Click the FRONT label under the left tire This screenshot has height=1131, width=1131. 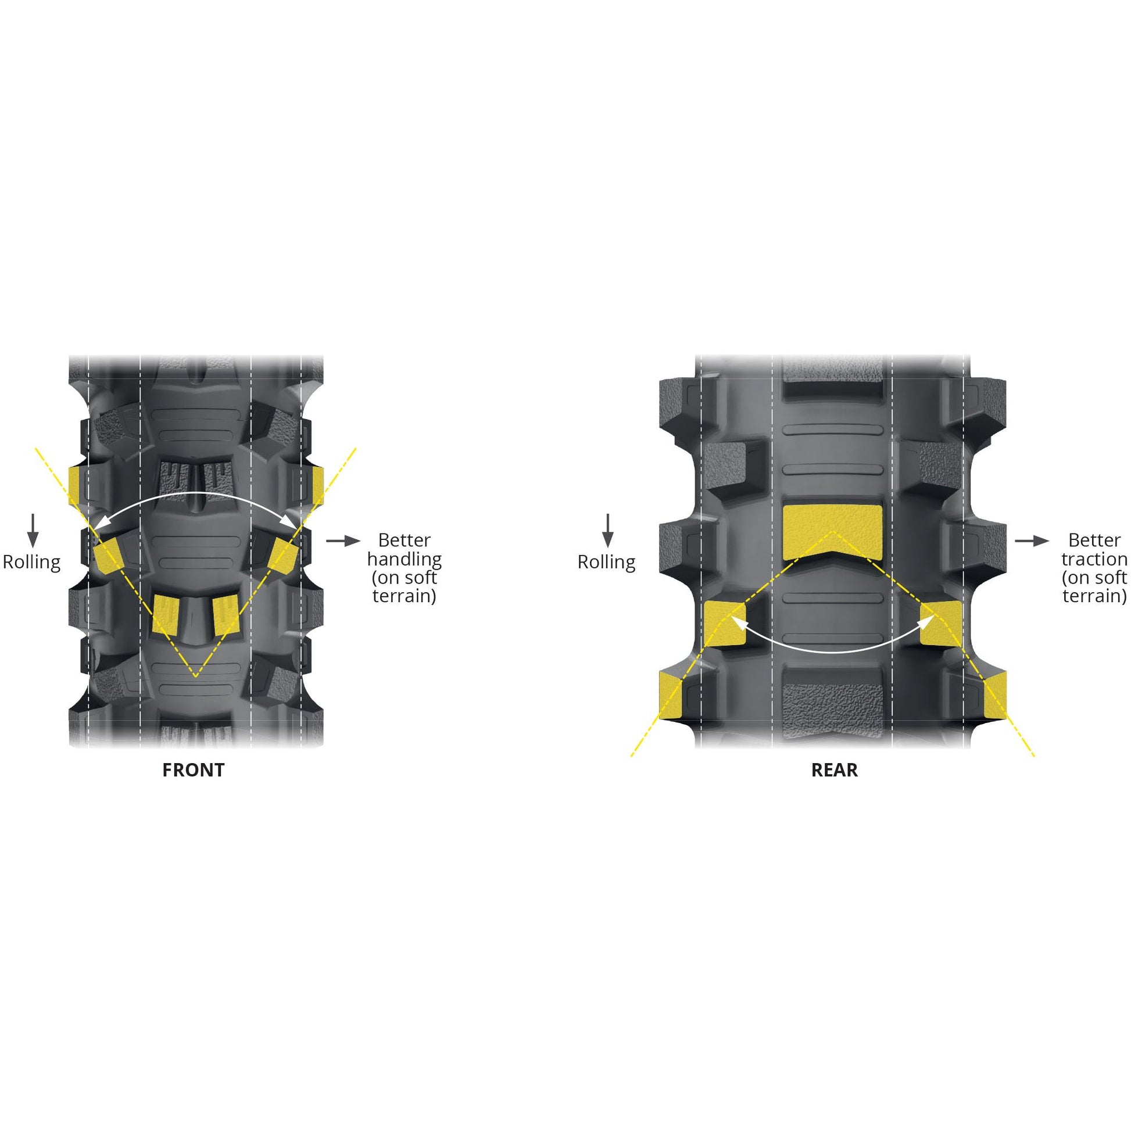(x=193, y=770)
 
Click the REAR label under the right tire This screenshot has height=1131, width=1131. (x=834, y=770)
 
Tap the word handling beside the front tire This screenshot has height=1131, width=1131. (x=405, y=560)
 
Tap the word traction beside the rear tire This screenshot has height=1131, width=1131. (x=1094, y=559)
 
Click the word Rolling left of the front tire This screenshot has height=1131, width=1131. (x=31, y=562)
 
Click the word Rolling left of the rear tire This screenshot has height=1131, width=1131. (x=607, y=562)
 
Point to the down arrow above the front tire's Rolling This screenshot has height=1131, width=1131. (x=33, y=531)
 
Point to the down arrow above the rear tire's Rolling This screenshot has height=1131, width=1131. (x=608, y=531)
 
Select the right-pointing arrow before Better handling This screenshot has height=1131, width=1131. (x=343, y=541)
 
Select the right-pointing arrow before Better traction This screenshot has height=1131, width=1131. (x=1032, y=541)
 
